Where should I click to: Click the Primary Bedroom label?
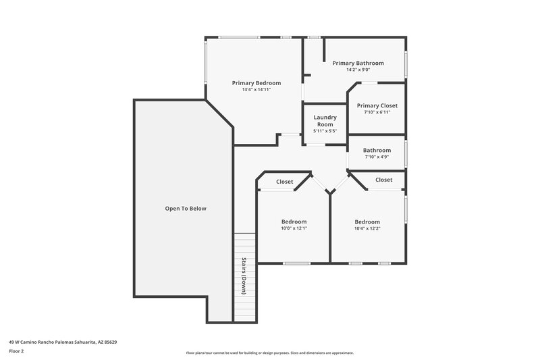(256, 82)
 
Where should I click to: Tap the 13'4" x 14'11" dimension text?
(256, 89)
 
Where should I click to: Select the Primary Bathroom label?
(358, 63)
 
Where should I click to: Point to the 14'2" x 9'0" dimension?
(358, 70)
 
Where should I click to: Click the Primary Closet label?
(377, 105)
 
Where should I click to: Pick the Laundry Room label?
(325, 120)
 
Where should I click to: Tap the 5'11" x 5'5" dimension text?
(325, 131)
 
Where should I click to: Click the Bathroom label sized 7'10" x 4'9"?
(377, 150)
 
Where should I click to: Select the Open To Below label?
(186, 209)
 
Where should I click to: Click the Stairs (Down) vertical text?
(244, 276)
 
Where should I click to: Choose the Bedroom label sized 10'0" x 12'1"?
(294, 222)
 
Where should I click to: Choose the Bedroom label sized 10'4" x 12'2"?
(367, 222)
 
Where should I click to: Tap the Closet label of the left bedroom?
(284, 182)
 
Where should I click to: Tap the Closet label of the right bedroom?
(383, 180)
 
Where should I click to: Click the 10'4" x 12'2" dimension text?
(367, 228)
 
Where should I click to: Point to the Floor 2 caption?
(17, 351)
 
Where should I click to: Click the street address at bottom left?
(63, 342)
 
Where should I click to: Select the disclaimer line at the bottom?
(269, 353)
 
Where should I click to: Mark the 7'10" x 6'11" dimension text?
(377, 112)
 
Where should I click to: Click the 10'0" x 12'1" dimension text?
(294, 228)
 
